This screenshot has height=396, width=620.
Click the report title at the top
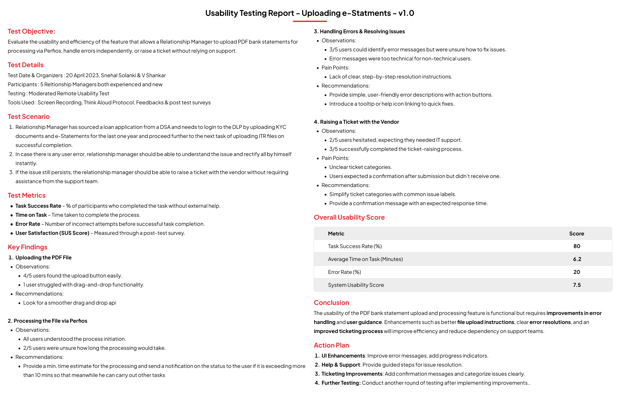click(x=310, y=13)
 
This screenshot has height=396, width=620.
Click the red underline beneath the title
click(x=310, y=21)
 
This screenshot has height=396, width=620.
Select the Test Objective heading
click(x=31, y=31)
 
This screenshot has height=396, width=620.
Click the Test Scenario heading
click(x=29, y=117)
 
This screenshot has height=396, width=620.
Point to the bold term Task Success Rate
click(x=38, y=206)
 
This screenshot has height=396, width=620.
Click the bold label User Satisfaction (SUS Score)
click(x=52, y=233)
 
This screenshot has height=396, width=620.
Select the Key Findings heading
click(x=27, y=247)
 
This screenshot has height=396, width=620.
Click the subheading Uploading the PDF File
click(x=43, y=257)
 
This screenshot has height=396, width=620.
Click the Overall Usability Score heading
click(x=349, y=217)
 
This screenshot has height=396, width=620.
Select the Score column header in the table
click(x=576, y=234)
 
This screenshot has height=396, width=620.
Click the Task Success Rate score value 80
click(x=577, y=246)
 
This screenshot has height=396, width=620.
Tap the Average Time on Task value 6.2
click(x=577, y=259)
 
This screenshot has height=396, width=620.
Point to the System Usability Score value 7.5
click(x=577, y=285)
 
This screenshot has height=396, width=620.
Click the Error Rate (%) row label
click(x=344, y=272)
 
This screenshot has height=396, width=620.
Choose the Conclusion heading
click(x=331, y=303)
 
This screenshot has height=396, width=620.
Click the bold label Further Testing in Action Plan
click(x=341, y=383)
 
